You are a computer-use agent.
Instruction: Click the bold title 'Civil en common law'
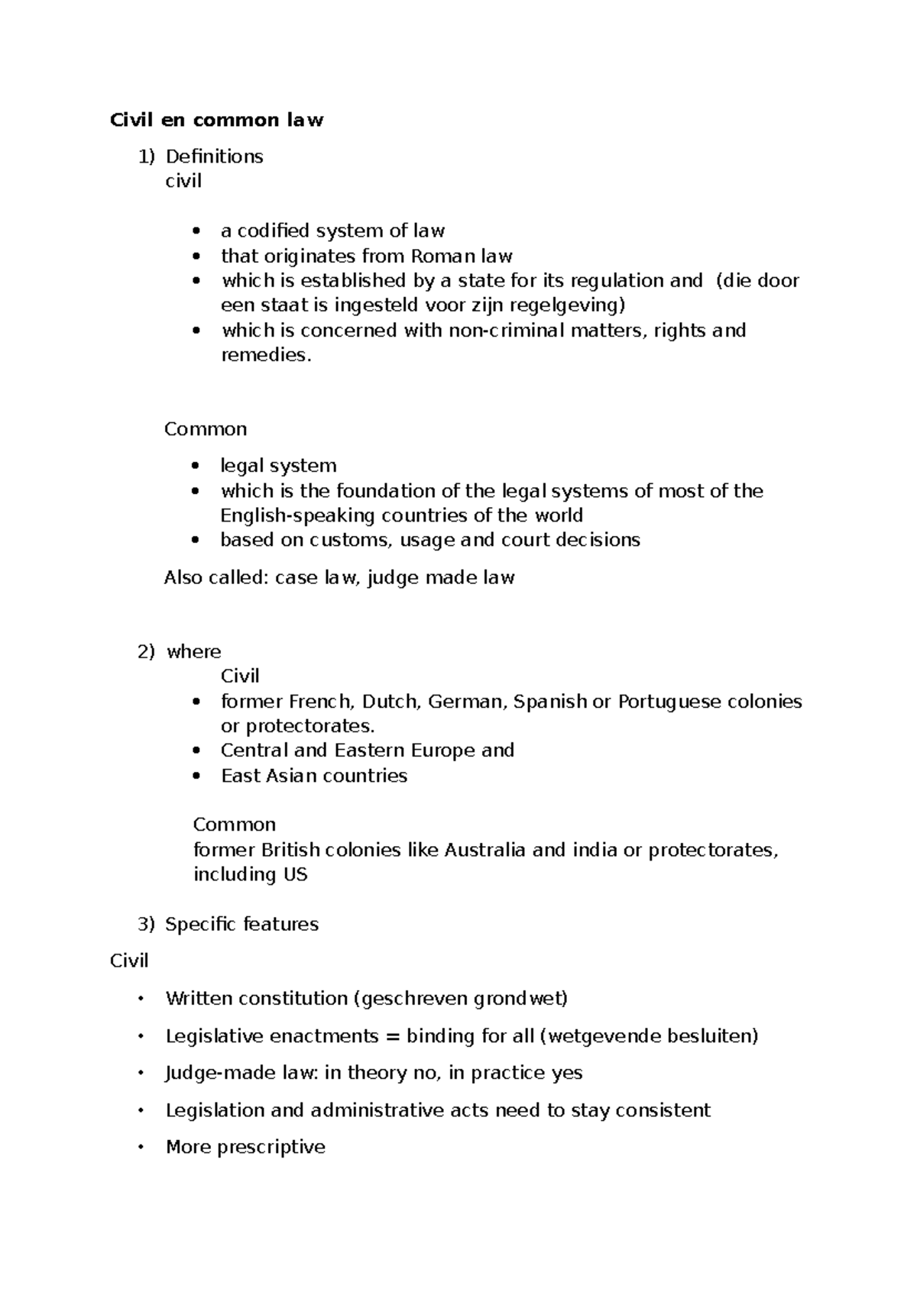click(217, 120)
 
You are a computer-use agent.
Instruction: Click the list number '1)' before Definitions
click(146, 157)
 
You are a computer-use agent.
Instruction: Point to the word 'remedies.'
click(267, 355)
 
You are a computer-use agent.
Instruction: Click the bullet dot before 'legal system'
click(197, 466)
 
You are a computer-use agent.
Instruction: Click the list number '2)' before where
click(146, 652)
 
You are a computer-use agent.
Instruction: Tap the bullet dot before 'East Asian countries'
click(197, 777)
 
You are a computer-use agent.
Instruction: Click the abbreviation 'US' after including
click(296, 875)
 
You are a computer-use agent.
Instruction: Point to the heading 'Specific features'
click(241, 925)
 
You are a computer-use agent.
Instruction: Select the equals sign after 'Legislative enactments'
click(393, 1036)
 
